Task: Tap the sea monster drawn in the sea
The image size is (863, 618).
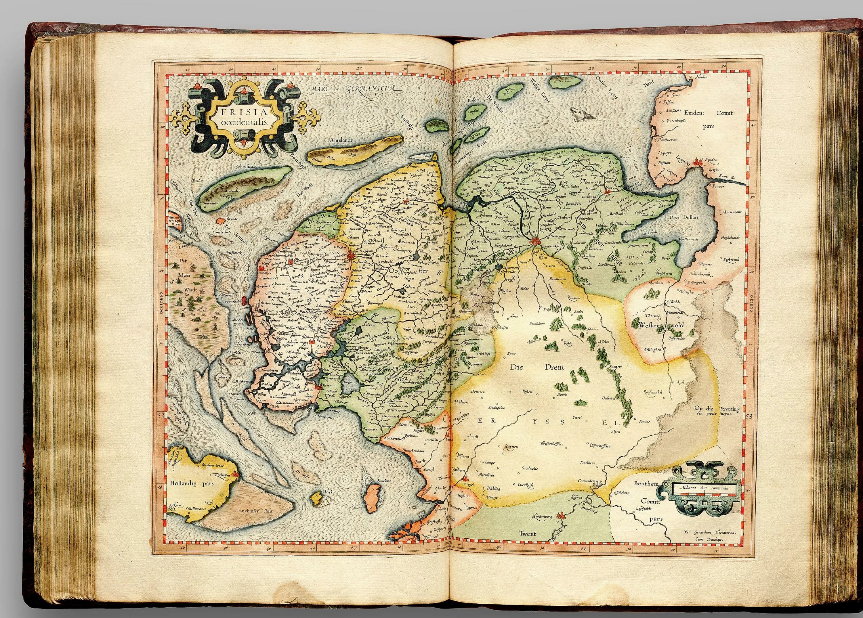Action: [580, 113]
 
